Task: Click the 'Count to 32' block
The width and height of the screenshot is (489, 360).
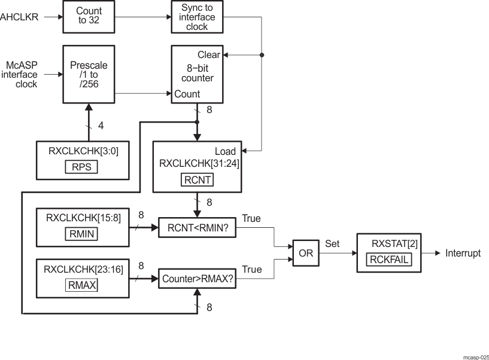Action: (89, 16)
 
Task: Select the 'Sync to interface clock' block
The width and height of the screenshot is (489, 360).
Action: (196, 16)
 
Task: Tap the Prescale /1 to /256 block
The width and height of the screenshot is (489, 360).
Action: (89, 74)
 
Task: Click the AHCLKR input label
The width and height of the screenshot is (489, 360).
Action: (19, 17)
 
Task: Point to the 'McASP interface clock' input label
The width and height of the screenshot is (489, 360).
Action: (22, 75)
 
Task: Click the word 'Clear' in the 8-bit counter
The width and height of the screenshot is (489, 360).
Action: (209, 55)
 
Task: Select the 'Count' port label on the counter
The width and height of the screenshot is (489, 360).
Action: (187, 94)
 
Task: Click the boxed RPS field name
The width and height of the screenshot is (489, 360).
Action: (81, 167)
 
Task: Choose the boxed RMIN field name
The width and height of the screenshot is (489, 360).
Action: (81, 234)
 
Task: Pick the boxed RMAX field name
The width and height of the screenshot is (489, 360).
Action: (81, 285)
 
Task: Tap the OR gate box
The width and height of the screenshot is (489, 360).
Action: (305, 253)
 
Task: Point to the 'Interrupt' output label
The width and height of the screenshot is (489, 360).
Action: (463, 254)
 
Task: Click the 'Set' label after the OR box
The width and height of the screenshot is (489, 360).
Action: (332, 244)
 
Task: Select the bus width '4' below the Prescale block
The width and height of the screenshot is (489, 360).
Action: (101, 126)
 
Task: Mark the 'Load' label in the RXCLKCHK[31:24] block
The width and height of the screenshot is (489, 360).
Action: (225, 151)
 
